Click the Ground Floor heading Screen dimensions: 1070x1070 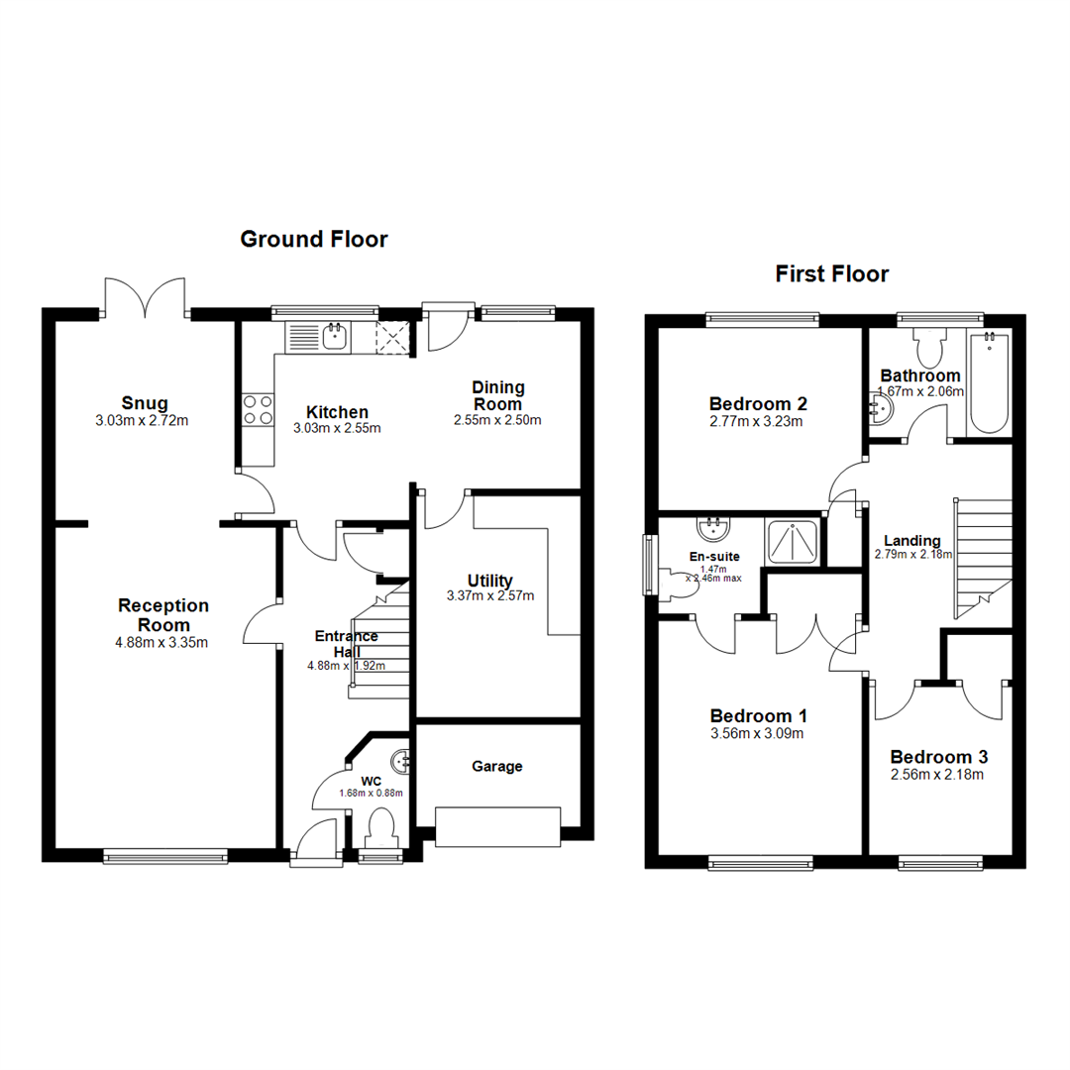[x=313, y=239]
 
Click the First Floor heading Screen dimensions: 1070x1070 [x=831, y=273]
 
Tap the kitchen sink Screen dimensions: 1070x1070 [x=334, y=338]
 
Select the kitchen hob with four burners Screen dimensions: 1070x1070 [x=259, y=410]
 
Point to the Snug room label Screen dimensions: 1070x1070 [x=145, y=403]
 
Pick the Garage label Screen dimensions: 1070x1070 [x=496, y=766]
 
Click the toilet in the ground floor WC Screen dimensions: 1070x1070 [x=379, y=825]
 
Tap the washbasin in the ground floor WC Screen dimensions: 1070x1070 [x=401, y=762]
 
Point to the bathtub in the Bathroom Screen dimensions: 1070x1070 [x=988, y=383]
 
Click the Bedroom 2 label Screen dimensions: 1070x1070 [x=759, y=403]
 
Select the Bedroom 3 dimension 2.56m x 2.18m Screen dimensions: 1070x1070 [x=937, y=775]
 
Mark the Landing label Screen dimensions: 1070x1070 [x=912, y=540]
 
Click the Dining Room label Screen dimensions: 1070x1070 [x=497, y=395]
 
